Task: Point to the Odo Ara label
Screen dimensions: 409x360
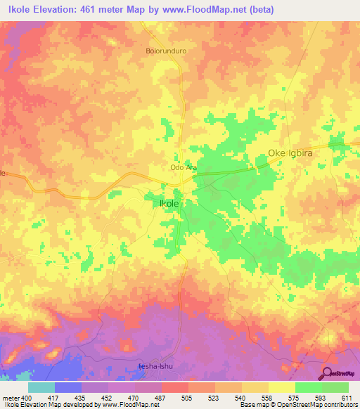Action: [x=183, y=168]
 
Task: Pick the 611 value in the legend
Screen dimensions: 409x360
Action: [x=347, y=398]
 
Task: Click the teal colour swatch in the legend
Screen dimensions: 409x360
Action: [x=41, y=387]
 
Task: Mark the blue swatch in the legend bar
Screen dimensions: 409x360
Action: [x=67, y=387]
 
